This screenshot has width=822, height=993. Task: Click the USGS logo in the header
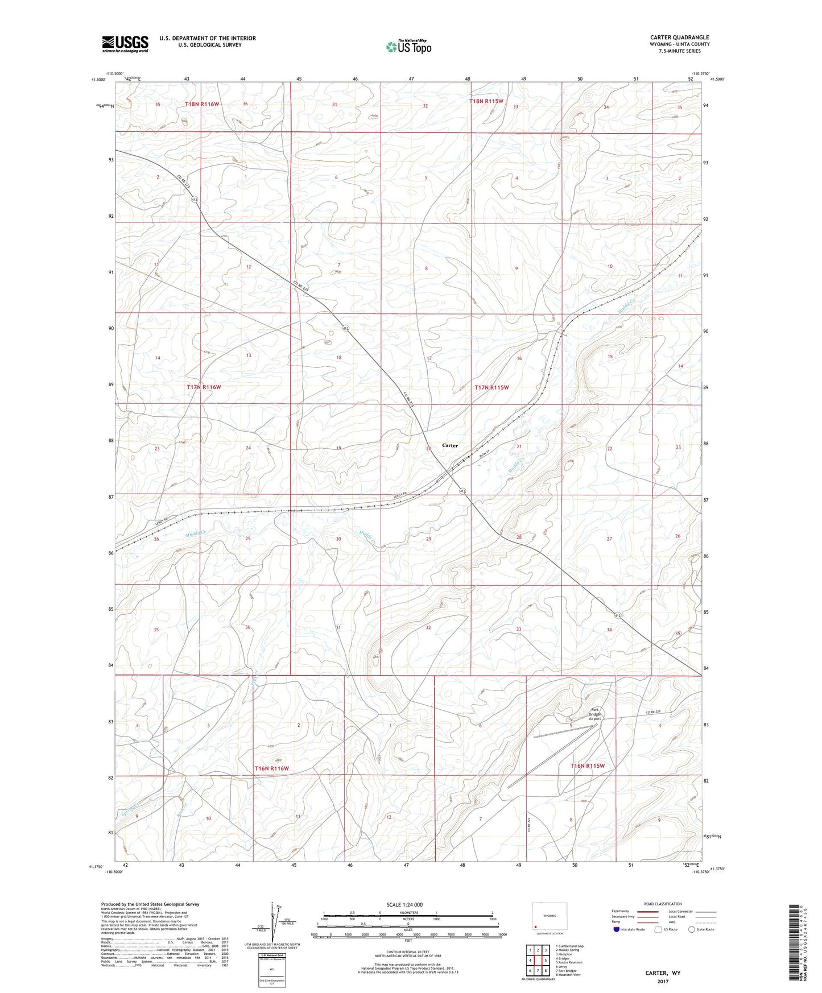[x=125, y=43]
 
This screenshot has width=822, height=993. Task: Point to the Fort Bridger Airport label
[x=595, y=714]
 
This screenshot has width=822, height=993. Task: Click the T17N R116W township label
[x=203, y=387]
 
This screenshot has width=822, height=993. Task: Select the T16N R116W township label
[x=271, y=768]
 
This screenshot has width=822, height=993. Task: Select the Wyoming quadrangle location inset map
[x=549, y=917]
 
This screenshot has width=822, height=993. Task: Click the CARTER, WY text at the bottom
[x=662, y=973]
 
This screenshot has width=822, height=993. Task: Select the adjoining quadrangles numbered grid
[x=538, y=961]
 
